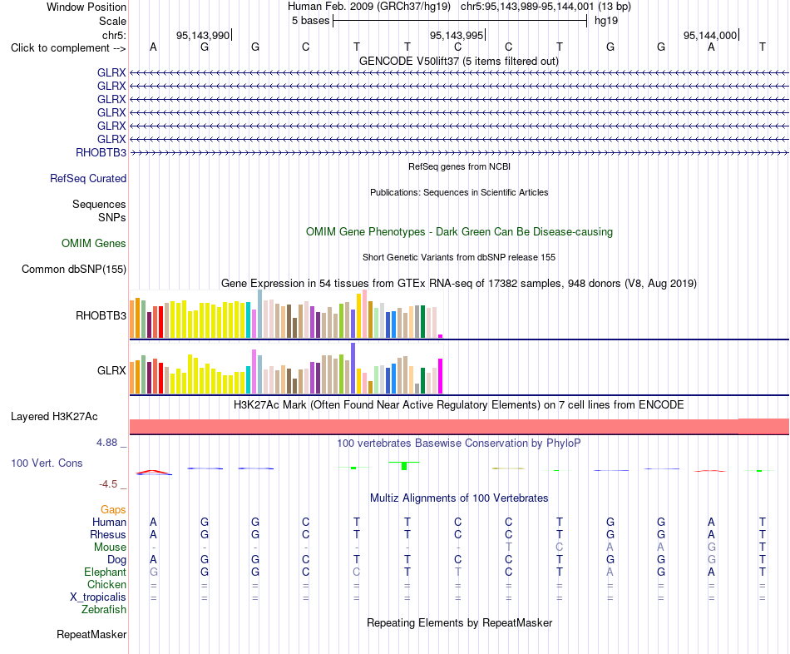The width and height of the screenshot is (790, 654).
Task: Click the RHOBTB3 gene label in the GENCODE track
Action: pos(101,153)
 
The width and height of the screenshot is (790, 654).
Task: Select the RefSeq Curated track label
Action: pos(88,179)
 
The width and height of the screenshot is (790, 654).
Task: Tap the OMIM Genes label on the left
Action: pos(94,244)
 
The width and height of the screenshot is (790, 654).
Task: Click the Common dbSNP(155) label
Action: pos(74,270)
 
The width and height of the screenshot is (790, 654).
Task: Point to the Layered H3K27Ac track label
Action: pos(54,417)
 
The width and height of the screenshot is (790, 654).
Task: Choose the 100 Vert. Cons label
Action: pos(47,463)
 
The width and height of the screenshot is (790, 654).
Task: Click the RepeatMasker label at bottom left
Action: pos(91,634)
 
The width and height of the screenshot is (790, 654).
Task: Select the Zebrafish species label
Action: pos(104,610)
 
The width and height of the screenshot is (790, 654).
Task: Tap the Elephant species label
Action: pos(106,572)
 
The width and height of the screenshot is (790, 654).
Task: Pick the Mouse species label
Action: pos(110,547)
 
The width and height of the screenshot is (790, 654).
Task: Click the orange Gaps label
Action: pos(113,510)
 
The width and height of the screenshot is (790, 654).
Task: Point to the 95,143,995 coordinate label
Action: pos(457,35)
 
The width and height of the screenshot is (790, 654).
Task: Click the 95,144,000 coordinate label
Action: pos(710,35)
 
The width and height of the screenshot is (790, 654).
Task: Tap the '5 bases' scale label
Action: pos(310,21)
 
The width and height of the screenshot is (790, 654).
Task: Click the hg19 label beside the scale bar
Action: pos(606,21)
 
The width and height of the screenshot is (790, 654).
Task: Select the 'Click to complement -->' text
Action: pos(68,48)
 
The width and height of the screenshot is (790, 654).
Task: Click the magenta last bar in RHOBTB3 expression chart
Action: pos(441,336)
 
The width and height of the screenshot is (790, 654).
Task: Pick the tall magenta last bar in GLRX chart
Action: pos(441,376)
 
